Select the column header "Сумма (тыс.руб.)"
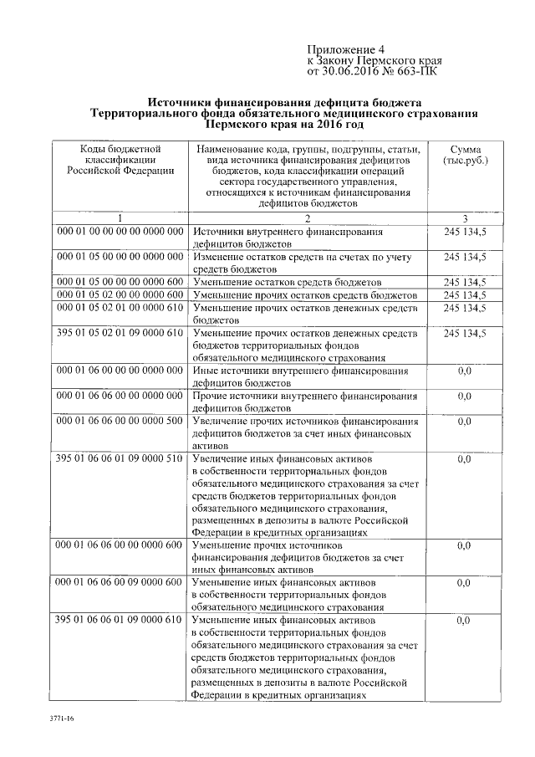point(465,153)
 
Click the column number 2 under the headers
point(306,217)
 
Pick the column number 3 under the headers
point(465,217)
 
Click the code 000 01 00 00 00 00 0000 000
point(120,231)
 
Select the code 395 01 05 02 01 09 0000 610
point(120,333)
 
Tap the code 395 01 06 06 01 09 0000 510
point(120,458)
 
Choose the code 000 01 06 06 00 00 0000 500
point(120,421)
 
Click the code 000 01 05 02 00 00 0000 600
point(120,295)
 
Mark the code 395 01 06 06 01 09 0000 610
point(120,619)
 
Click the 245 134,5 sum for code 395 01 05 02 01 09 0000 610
point(465,333)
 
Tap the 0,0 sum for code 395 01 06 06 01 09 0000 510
point(465,458)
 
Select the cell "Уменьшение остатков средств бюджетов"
point(287,283)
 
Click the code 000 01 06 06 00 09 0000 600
point(120,581)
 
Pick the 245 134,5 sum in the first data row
point(465,231)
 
